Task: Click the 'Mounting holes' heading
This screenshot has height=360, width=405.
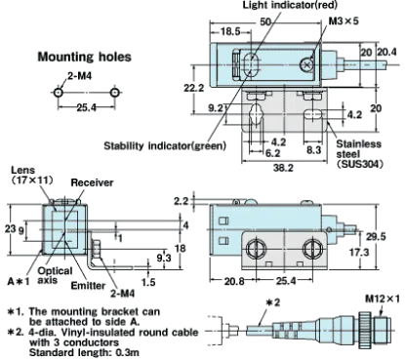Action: click(x=85, y=57)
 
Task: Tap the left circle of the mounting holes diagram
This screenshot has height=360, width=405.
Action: click(x=58, y=93)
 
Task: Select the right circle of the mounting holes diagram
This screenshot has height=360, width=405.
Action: click(x=114, y=93)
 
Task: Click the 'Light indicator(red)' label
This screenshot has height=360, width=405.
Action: click(x=290, y=5)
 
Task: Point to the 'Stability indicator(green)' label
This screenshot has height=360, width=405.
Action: click(x=165, y=145)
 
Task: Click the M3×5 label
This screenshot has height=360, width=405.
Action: click(x=344, y=21)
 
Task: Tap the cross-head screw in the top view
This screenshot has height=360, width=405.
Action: click(x=306, y=64)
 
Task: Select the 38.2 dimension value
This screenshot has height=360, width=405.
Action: click(x=283, y=168)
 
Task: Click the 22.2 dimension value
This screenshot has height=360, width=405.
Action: click(x=194, y=88)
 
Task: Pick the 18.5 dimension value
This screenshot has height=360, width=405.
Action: click(x=230, y=31)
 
